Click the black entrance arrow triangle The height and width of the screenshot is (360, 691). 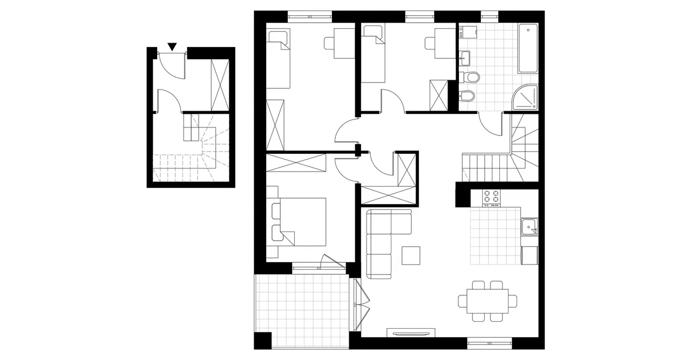click(172, 47)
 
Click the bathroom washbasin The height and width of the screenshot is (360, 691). click(465, 56)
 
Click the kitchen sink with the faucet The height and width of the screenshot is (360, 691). click(529, 227)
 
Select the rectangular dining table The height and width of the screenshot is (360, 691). click(484, 301)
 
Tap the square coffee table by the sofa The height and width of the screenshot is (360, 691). click(411, 255)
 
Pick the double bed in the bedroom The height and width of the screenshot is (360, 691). click(302, 222)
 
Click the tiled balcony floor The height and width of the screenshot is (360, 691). click(300, 310)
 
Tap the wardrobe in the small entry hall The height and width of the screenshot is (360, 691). click(219, 84)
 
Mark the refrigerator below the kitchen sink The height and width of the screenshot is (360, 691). click(529, 255)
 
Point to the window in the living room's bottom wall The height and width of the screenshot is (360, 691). click(489, 341)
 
